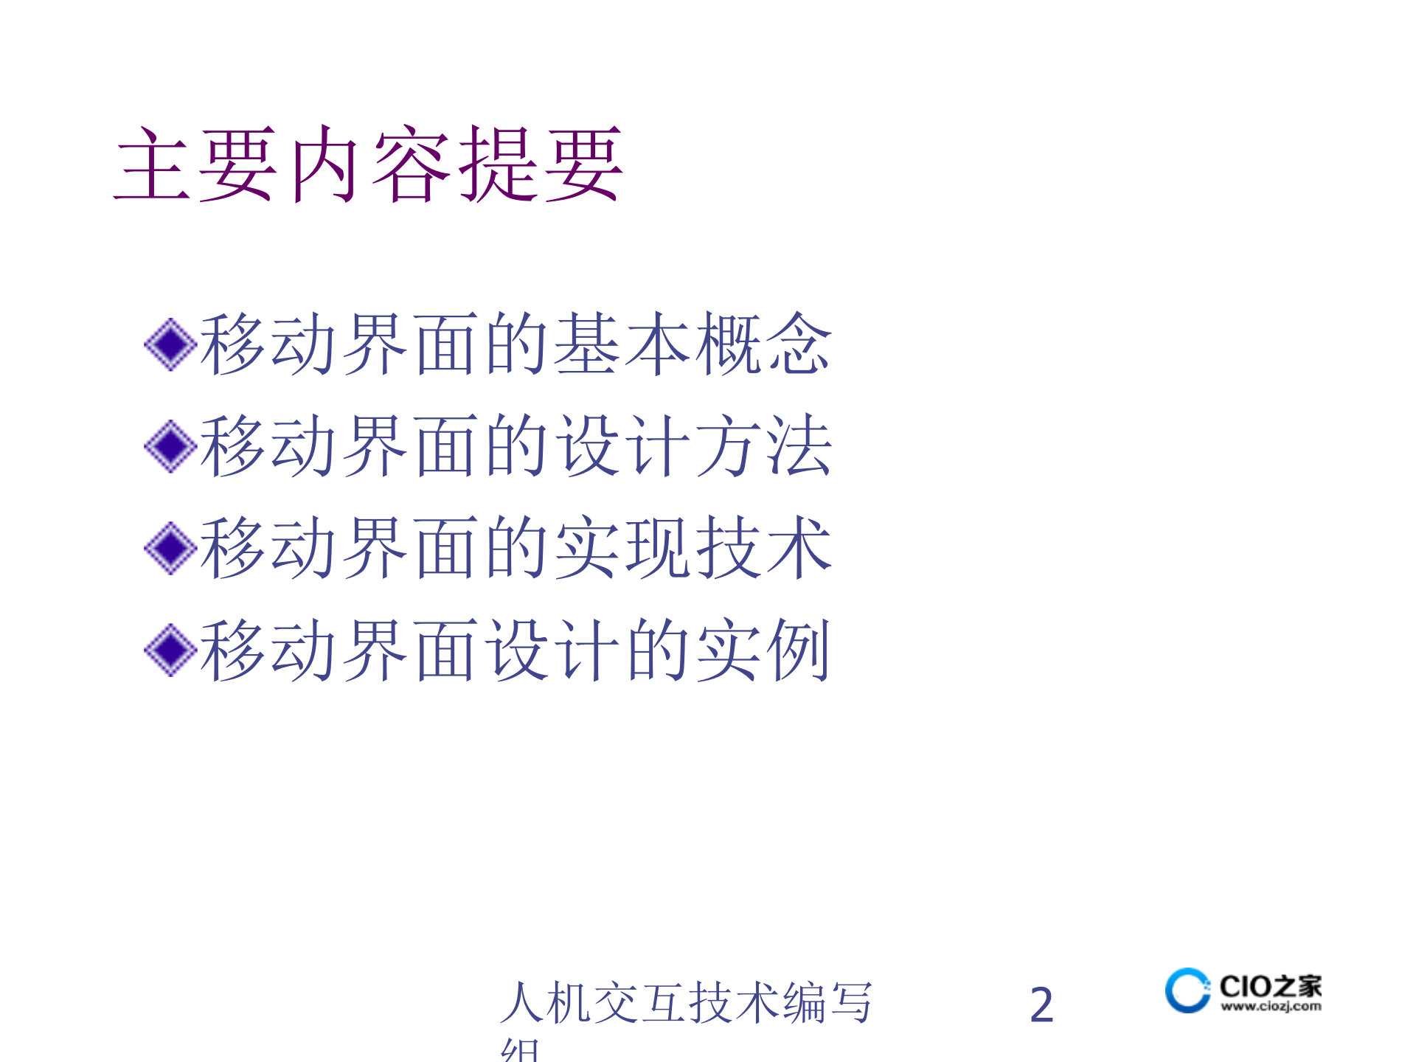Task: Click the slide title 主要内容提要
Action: click(x=369, y=164)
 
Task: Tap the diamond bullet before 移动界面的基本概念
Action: click(x=170, y=344)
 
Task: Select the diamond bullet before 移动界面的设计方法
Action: click(x=170, y=446)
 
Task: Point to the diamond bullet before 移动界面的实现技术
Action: click(x=170, y=548)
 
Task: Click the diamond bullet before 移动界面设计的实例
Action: click(x=170, y=650)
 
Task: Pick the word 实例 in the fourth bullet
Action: click(x=763, y=650)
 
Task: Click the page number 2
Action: click(x=1041, y=1004)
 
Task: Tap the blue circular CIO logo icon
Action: click(x=1187, y=990)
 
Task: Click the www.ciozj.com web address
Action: click(x=1271, y=1006)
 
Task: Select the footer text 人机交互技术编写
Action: click(x=686, y=1003)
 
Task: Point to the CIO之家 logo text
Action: click(x=1270, y=986)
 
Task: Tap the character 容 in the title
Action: click(x=412, y=164)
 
